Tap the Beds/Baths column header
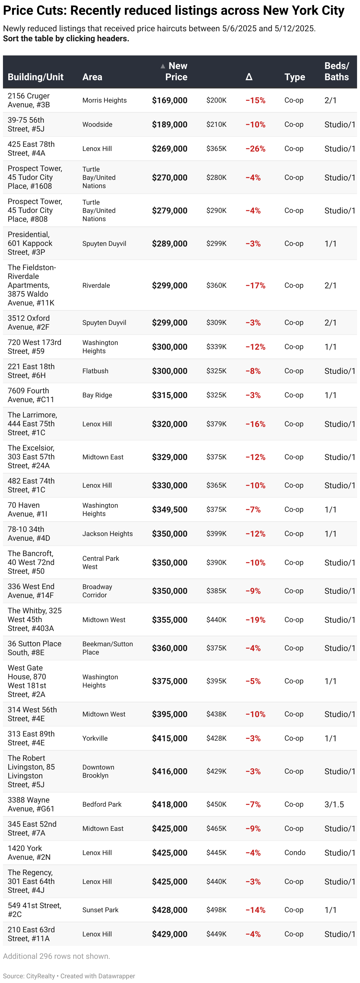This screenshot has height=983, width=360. click(x=336, y=71)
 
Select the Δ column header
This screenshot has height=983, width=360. click(x=249, y=77)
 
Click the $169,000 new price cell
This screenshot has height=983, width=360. click(x=169, y=100)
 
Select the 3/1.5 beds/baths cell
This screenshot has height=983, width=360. click(x=334, y=804)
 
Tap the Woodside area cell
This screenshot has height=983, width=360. click(x=97, y=124)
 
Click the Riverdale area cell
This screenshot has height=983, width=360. click(x=96, y=285)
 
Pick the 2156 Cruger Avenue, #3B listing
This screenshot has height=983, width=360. click(x=29, y=100)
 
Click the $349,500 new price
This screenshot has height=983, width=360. click(x=169, y=509)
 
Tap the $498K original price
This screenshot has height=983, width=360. click(x=217, y=910)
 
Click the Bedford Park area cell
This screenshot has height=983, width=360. click(x=102, y=804)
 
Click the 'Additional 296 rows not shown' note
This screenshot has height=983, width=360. click(x=56, y=956)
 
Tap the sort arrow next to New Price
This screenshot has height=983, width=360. click(x=163, y=66)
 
